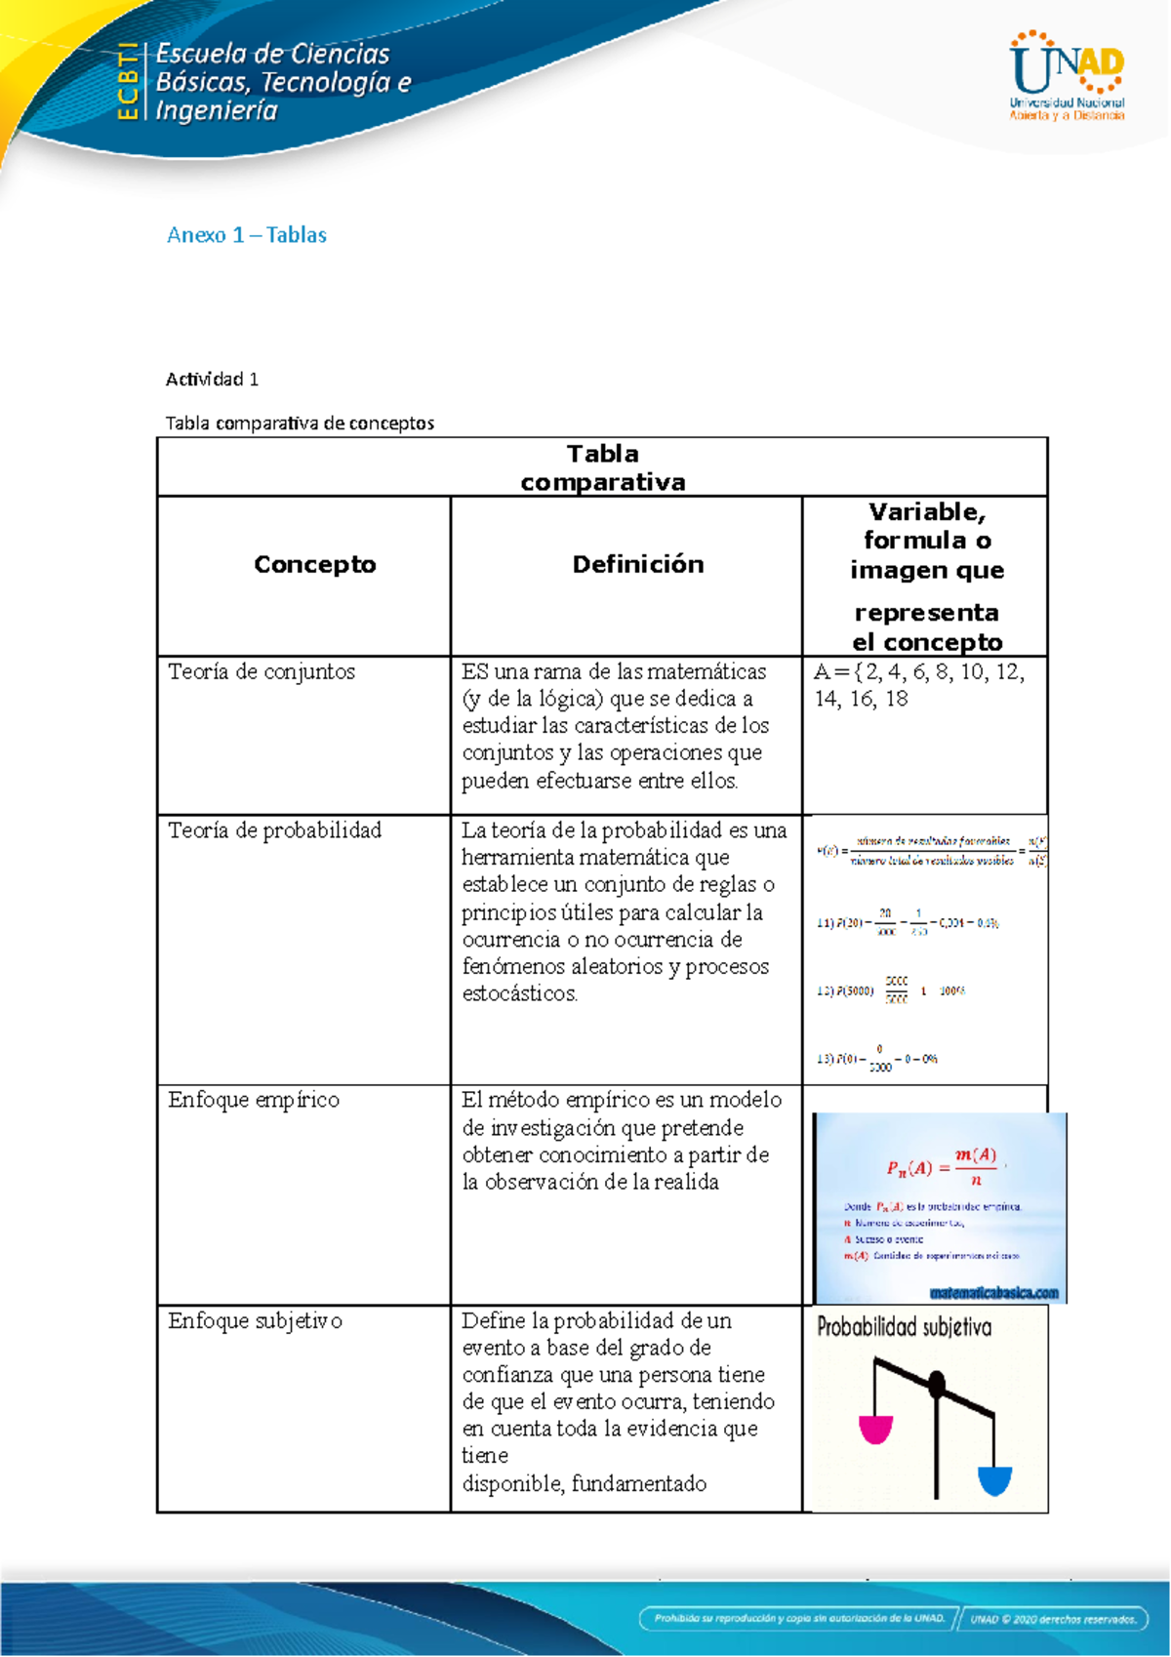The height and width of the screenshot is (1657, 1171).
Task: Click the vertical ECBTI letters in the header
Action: click(127, 82)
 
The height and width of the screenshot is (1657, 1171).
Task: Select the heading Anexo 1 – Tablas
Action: click(246, 235)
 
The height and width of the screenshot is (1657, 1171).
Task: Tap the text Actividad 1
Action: click(212, 379)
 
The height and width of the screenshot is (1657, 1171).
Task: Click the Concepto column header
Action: click(314, 564)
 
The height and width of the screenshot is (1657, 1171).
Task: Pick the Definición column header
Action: click(637, 564)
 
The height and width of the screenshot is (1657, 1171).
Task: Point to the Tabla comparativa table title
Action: click(602, 467)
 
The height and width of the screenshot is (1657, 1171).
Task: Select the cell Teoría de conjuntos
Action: click(262, 671)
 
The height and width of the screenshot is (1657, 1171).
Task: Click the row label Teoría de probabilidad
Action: click(274, 830)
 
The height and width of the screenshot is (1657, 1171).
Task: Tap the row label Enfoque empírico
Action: click(254, 1100)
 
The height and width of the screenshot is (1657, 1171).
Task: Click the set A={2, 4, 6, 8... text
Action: click(918, 685)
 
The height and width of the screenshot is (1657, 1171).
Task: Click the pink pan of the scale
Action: click(875, 1430)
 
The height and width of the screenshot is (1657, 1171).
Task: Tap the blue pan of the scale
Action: click(993, 1480)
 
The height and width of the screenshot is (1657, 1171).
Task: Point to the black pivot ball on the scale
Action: click(937, 1383)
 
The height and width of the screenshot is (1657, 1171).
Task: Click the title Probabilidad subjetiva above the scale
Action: click(904, 1327)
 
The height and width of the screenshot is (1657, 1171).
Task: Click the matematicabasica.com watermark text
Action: click(993, 1293)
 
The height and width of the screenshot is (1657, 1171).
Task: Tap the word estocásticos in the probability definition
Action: click(519, 993)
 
